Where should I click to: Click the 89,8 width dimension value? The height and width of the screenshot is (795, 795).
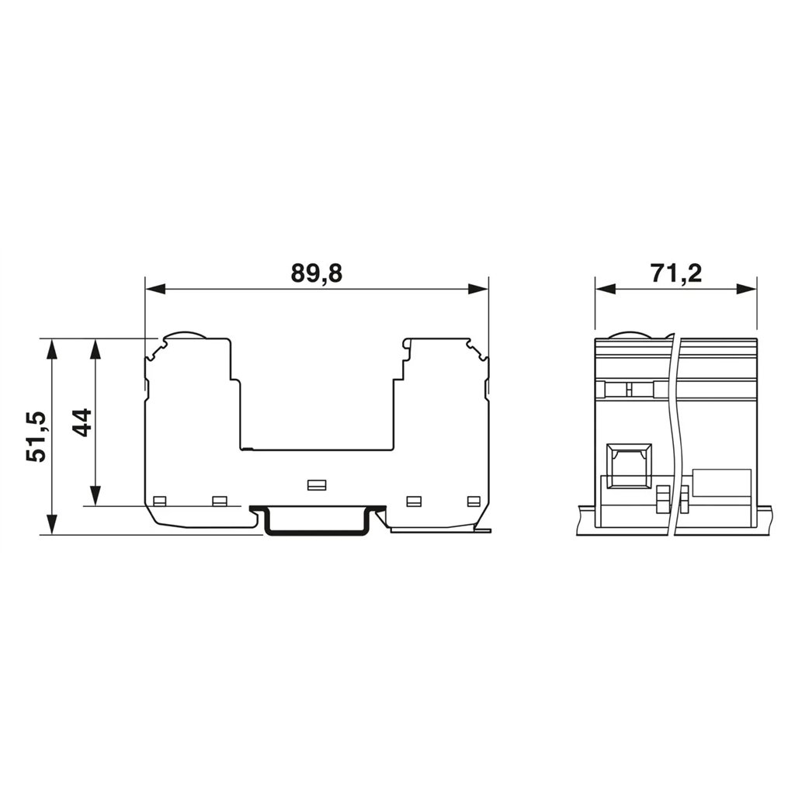coord(317,273)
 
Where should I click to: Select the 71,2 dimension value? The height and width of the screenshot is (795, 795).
coord(676,273)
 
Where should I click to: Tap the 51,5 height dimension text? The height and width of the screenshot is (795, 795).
coord(36,436)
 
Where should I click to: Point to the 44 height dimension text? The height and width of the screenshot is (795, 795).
coord(81,422)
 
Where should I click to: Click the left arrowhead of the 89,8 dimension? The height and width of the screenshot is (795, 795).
coord(155,289)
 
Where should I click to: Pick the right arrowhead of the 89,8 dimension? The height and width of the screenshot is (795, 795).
coord(478,289)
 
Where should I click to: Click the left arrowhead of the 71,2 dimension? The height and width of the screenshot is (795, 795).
coord(605,289)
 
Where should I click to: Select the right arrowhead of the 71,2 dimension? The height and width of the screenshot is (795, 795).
coord(747,289)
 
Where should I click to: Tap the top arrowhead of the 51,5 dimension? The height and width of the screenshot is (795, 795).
coord(51,349)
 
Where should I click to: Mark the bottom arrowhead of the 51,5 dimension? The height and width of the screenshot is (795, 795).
coord(51,524)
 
